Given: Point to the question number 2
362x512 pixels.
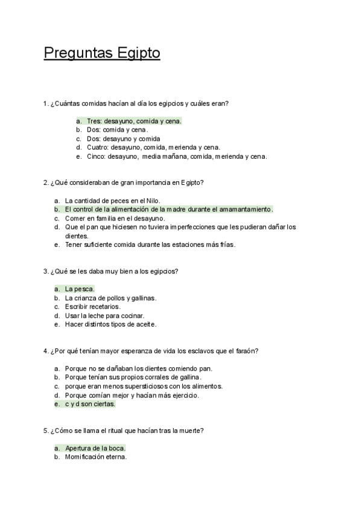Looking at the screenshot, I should tap(46, 182).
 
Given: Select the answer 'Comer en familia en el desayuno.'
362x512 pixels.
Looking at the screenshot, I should tap(115, 218).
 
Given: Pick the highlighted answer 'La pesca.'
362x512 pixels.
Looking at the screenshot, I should tap(80, 289).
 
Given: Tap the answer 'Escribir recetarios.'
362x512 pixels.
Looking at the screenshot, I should tap(93, 307).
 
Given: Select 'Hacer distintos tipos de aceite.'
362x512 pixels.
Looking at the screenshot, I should tap(110, 324).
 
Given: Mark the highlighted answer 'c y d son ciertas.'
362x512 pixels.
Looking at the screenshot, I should tap(90, 404).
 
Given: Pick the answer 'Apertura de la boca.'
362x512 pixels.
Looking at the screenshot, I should tap(95, 449).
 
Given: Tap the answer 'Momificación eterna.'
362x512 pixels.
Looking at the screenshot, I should tap(96, 457).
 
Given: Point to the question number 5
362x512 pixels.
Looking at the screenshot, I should tap(46, 430).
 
